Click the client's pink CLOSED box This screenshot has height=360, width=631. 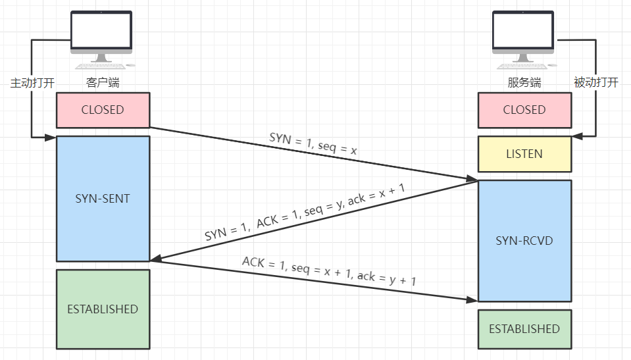103,110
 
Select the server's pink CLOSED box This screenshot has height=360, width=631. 524,110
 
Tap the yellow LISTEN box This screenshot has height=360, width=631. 524,154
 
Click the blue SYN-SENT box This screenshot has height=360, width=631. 103,198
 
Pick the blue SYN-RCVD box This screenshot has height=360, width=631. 524,240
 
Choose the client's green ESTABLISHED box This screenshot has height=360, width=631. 103,309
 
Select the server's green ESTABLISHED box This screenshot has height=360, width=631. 524,328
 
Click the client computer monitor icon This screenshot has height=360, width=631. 101,33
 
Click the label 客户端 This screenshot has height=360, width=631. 103,83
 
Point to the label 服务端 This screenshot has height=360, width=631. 524,83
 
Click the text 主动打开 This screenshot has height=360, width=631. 32,83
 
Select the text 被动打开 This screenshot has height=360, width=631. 596,83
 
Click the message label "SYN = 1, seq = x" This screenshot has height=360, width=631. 313,144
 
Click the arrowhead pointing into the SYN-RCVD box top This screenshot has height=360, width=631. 472,178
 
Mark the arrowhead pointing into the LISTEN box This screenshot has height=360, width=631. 577,136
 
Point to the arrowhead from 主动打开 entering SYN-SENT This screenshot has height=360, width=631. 51,137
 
